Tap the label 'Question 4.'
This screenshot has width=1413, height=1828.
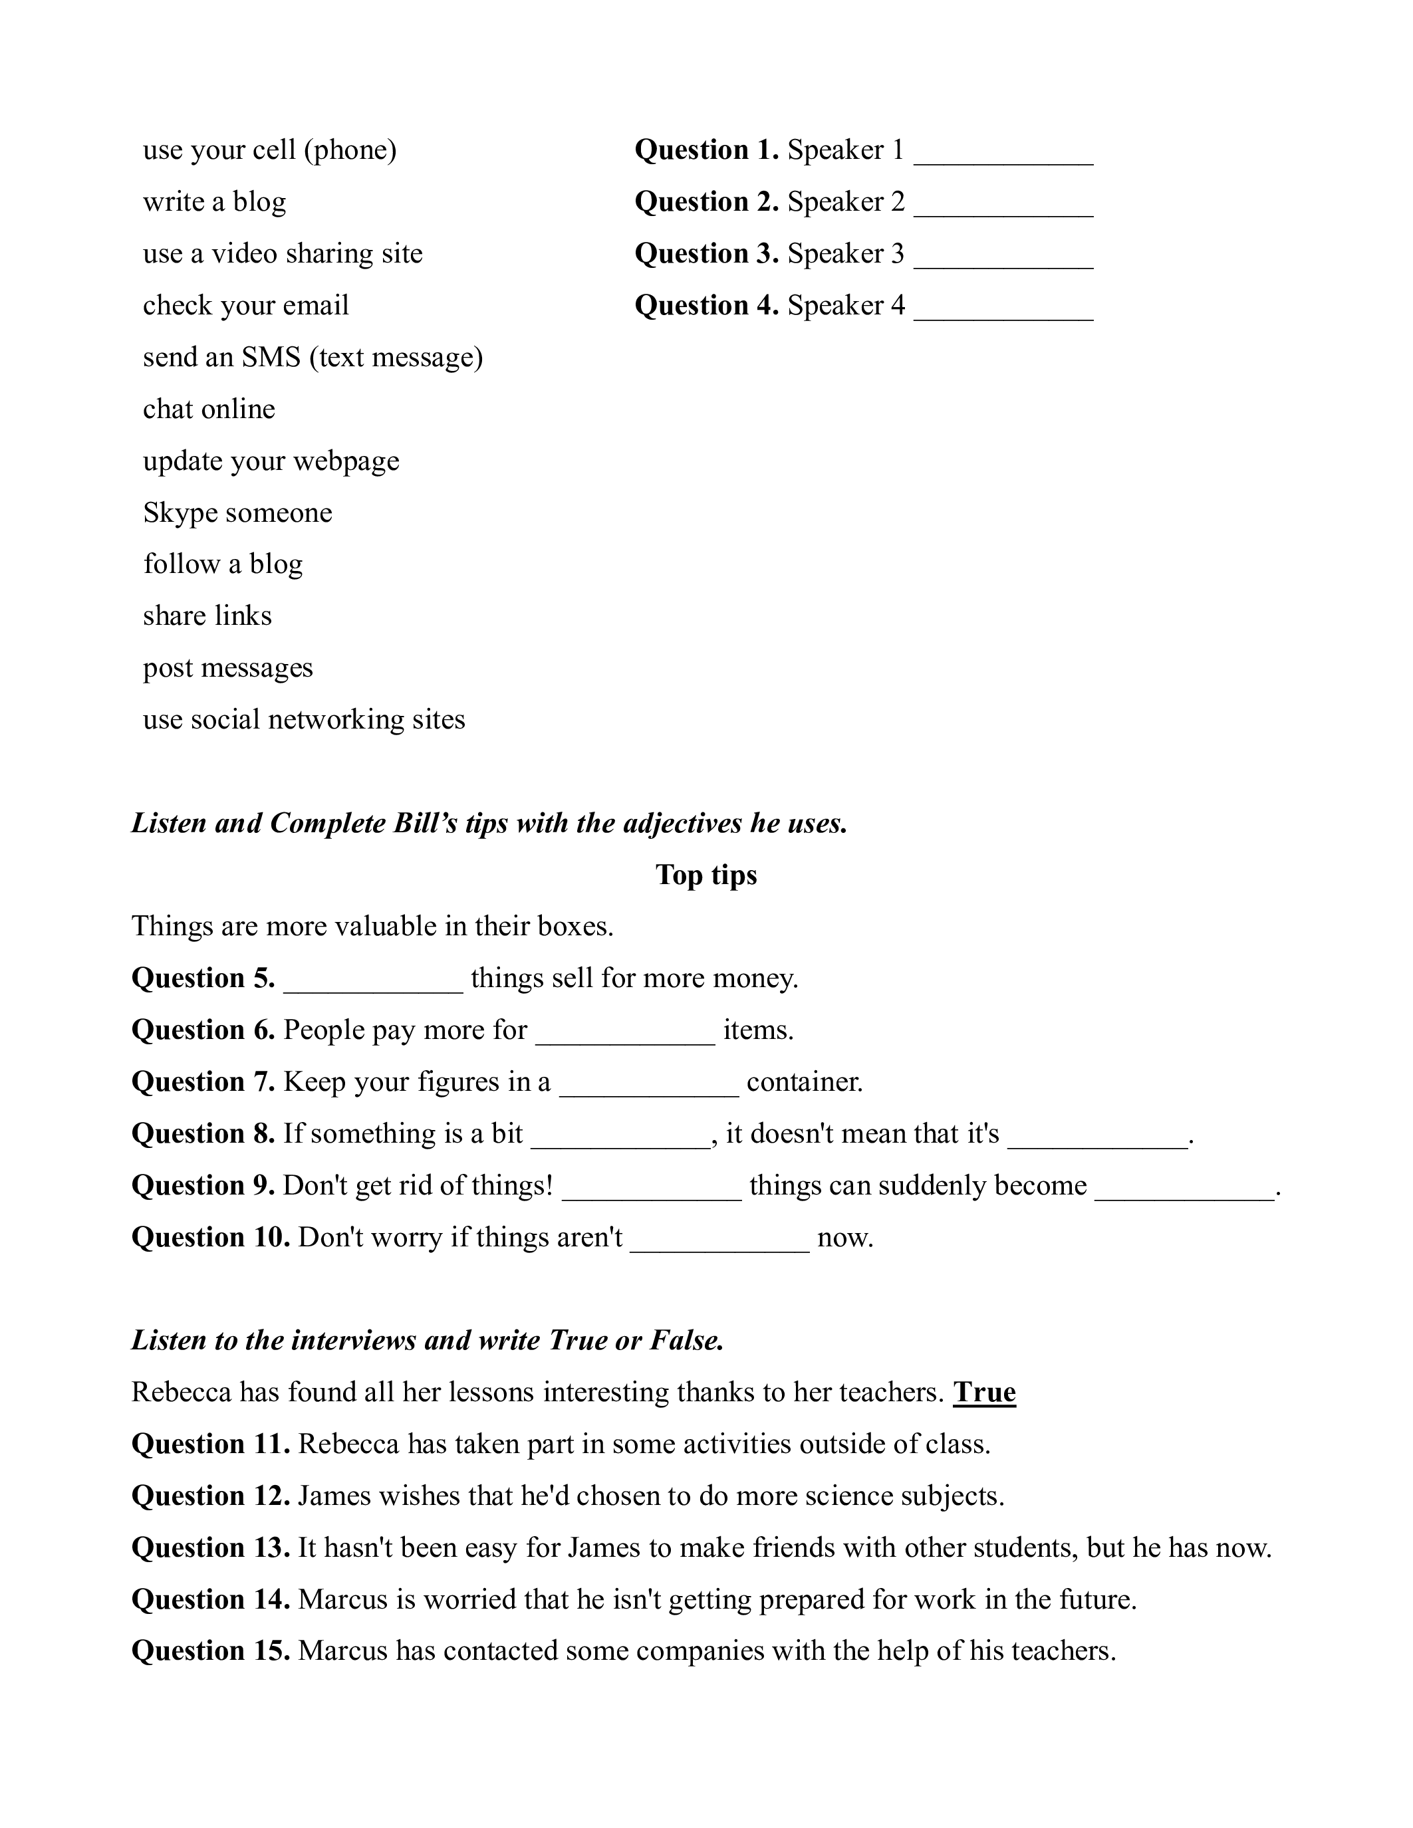coord(706,306)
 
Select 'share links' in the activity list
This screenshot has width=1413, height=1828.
coord(207,616)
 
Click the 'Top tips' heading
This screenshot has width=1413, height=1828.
coord(706,875)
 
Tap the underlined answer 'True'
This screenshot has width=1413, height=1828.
coord(984,1392)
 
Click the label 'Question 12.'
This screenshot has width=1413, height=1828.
coord(210,1496)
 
